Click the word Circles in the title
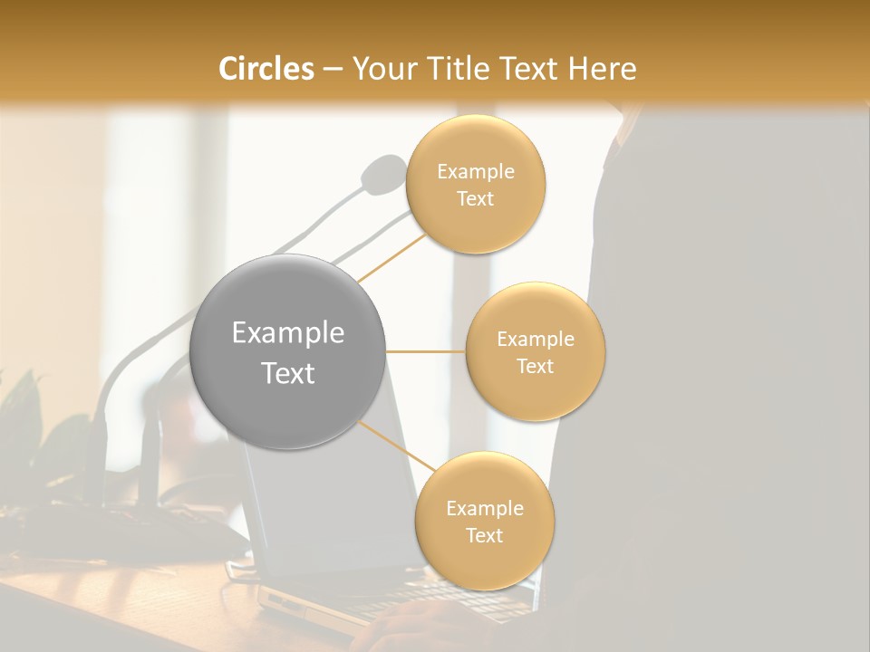[x=266, y=69]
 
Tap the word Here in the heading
[x=603, y=69]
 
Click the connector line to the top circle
[x=391, y=255]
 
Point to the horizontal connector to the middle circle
[x=426, y=351]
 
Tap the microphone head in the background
[x=384, y=173]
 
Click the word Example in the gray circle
[x=287, y=333]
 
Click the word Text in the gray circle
[x=287, y=373]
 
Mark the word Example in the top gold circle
[x=475, y=171]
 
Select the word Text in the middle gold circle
[x=535, y=366]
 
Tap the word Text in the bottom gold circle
[x=484, y=535]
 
